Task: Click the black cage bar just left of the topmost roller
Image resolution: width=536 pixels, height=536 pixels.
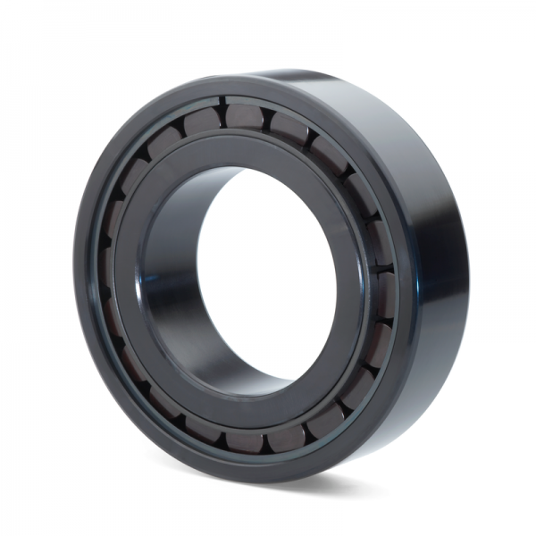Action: [x=223, y=116]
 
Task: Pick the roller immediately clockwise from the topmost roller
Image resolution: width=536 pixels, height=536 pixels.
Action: [x=289, y=128]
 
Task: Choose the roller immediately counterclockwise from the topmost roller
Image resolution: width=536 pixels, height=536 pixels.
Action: [x=202, y=121]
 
